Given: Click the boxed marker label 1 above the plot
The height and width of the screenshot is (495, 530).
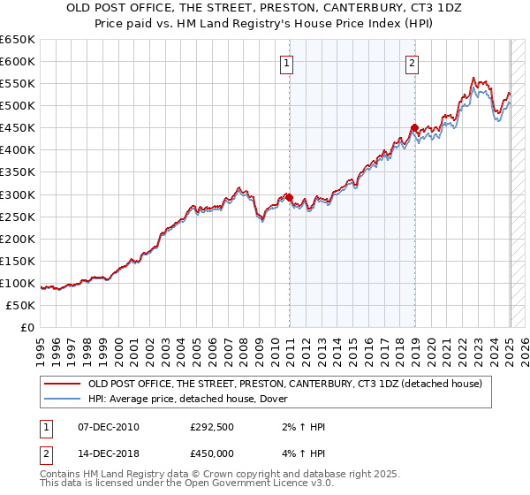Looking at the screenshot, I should [289, 63].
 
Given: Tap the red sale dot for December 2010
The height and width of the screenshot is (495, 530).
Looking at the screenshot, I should [290, 197].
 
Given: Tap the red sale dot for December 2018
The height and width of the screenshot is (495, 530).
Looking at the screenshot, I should [414, 128].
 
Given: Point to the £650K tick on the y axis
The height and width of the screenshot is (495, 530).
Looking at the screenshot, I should [18, 40].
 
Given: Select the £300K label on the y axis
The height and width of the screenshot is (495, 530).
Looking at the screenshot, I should [18, 194].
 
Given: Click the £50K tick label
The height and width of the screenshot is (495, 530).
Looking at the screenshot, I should [21, 305].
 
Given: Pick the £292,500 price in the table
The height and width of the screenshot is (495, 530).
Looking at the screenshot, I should [212, 427].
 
